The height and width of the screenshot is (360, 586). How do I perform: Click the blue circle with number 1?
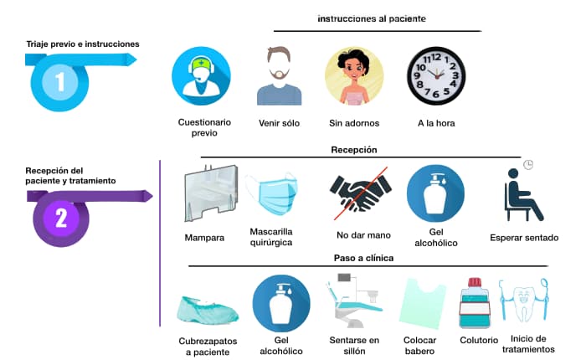[x=60, y=83]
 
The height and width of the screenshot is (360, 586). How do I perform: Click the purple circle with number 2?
[x=60, y=219]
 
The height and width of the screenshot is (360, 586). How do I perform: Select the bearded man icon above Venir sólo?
[x=279, y=76]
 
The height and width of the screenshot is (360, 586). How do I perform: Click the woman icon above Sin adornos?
[x=354, y=75]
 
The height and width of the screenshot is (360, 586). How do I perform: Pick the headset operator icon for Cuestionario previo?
[x=200, y=75]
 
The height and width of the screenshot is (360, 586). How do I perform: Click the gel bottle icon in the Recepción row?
[x=435, y=193]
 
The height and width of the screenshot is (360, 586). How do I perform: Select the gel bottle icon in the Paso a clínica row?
[x=281, y=304]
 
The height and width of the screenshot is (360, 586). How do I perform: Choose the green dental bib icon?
[x=423, y=304]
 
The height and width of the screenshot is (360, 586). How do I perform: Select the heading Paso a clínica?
[x=364, y=258]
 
